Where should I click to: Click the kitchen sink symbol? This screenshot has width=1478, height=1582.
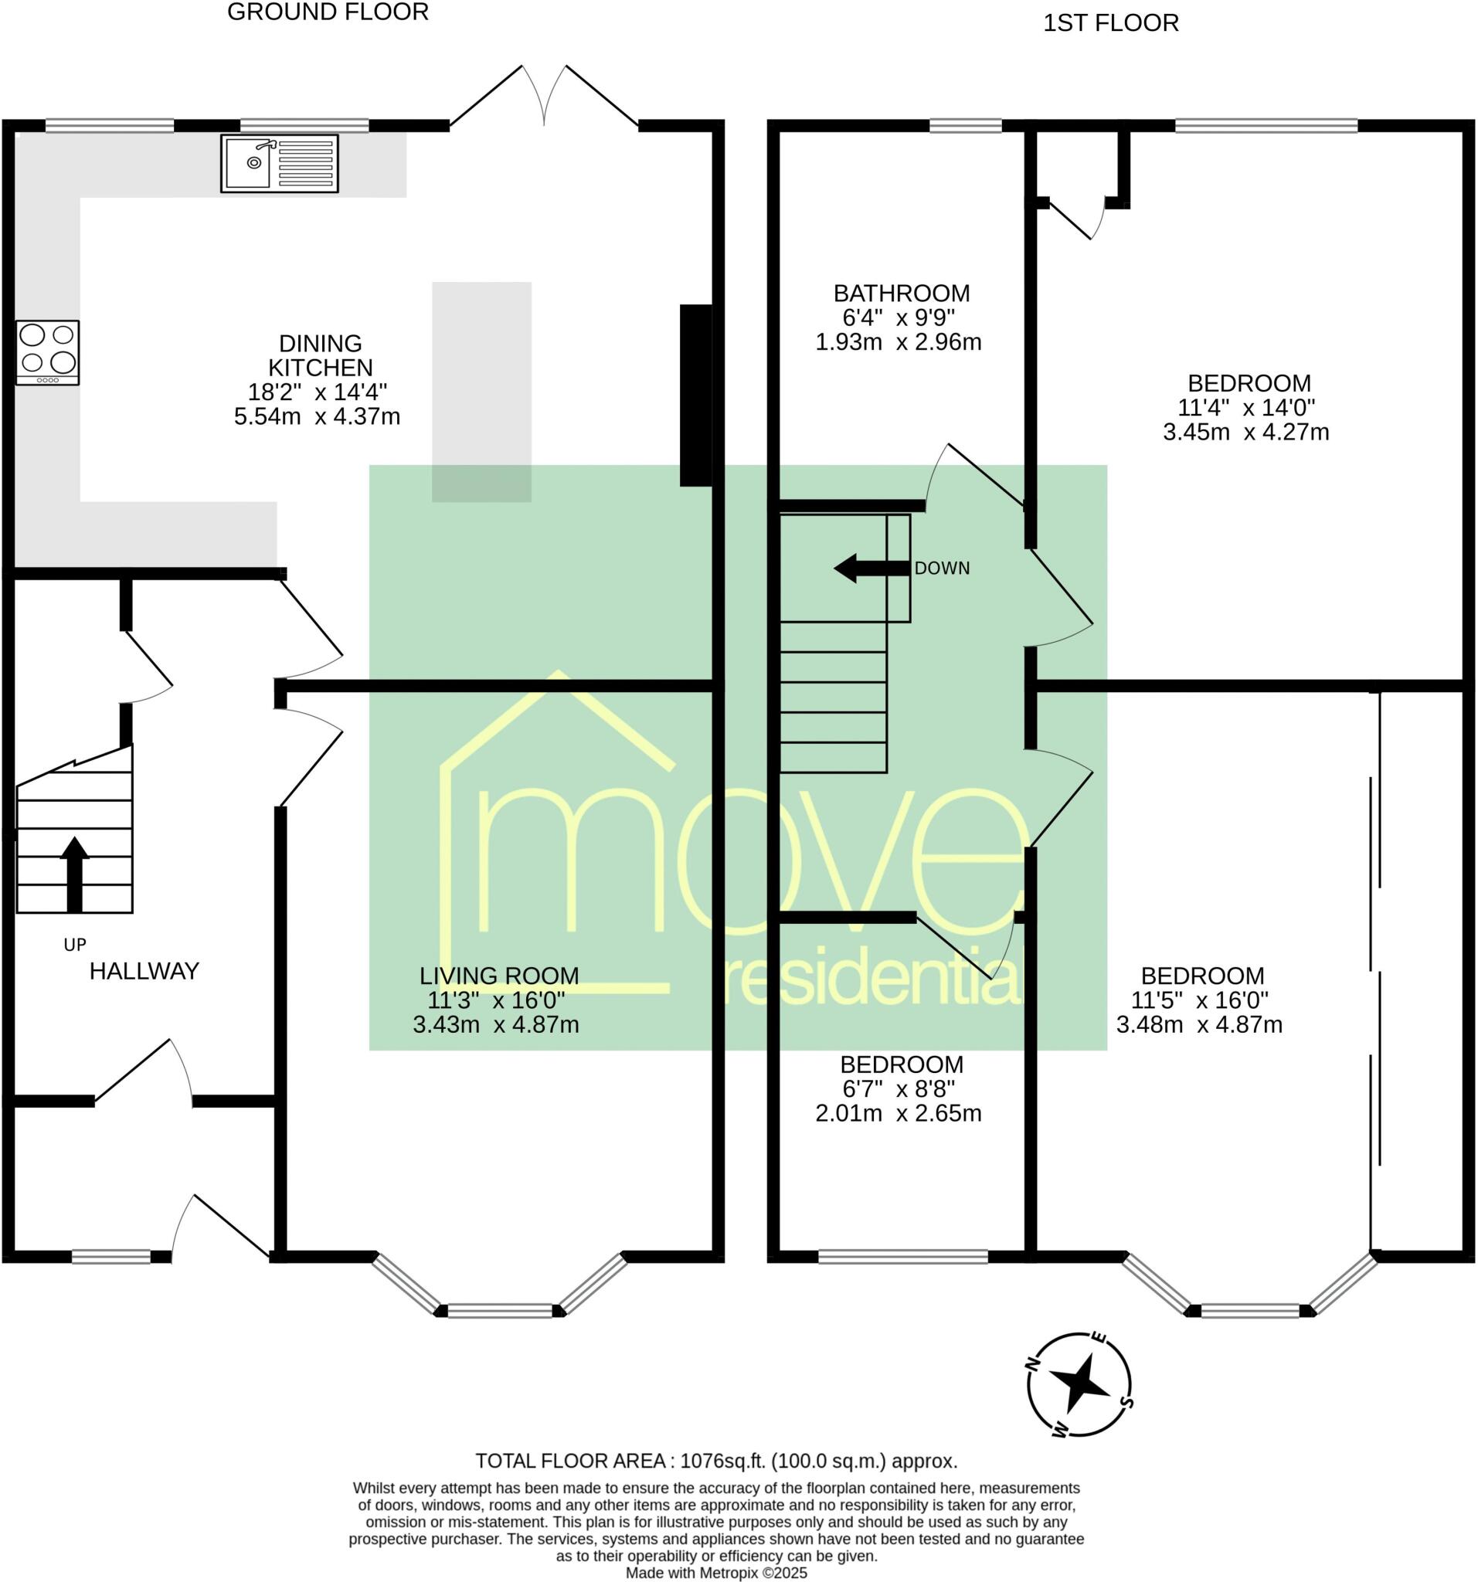coord(280,163)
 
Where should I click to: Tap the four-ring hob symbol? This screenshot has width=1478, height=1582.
coord(48,352)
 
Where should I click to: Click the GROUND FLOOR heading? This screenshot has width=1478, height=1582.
coord(328,12)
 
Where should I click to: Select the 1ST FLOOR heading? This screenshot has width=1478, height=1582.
coord(1110,23)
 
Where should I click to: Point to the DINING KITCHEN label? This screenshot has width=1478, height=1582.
coord(320,355)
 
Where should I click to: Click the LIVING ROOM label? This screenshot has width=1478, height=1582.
coord(499,976)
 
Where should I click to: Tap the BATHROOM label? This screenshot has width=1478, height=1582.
coord(901,294)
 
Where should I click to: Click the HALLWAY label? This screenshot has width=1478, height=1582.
coord(144,971)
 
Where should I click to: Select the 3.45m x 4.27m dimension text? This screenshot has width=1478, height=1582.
coord(1245,432)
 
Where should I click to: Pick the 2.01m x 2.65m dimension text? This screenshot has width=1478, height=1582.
coord(898,1112)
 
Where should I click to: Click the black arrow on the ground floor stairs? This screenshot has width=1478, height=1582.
coord(74,874)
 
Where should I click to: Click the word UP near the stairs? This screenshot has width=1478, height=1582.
coord(75,945)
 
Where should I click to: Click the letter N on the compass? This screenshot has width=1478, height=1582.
coord(1034,1364)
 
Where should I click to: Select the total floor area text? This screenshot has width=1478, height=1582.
coord(716,1461)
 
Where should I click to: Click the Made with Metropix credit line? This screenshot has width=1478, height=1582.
coord(716,1574)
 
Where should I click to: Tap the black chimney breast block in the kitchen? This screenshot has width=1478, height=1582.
coord(695,395)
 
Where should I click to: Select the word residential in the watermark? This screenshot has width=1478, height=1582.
coord(872,979)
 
